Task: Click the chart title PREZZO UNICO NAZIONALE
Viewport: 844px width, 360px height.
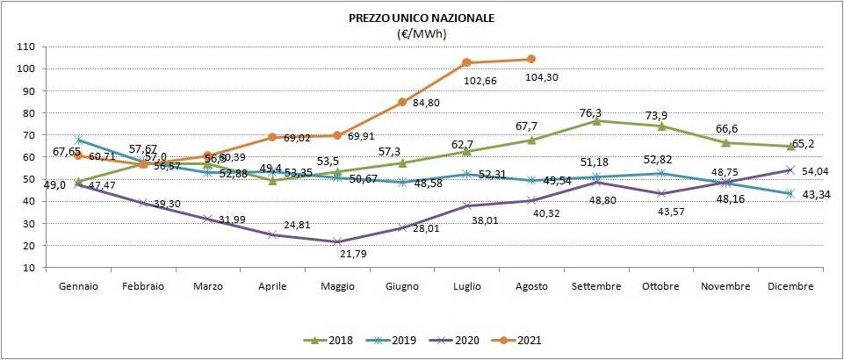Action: point(421,18)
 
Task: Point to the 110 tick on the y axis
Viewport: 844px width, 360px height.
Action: point(26,47)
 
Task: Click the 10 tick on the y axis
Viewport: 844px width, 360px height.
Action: point(29,267)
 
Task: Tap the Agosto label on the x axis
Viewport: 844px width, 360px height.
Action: point(531,286)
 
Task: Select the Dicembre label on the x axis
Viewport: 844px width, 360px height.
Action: point(790,286)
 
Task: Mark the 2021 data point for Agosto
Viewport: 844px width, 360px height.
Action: point(531,60)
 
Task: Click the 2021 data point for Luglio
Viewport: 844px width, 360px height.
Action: point(466,62)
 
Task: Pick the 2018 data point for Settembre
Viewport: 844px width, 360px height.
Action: point(596,120)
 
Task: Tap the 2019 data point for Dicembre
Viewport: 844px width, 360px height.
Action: point(790,193)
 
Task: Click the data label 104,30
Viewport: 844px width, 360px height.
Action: point(542,77)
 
